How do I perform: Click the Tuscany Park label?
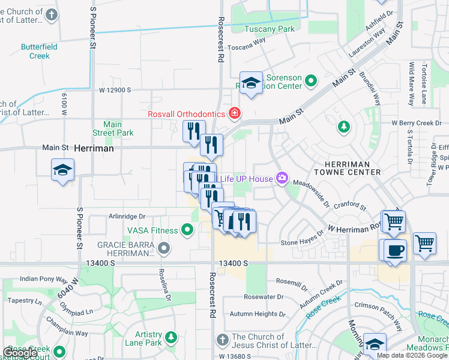(x=270, y=29)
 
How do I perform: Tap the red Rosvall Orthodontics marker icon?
(x=234, y=113)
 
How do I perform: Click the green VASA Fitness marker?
(x=188, y=230)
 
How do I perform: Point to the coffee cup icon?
(x=395, y=250)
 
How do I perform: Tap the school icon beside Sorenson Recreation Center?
(x=251, y=83)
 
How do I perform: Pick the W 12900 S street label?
(x=124, y=90)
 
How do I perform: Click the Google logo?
(x=20, y=353)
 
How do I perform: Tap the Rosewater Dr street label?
(x=264, y=297)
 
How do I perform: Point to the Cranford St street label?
(x=350, y=208)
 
